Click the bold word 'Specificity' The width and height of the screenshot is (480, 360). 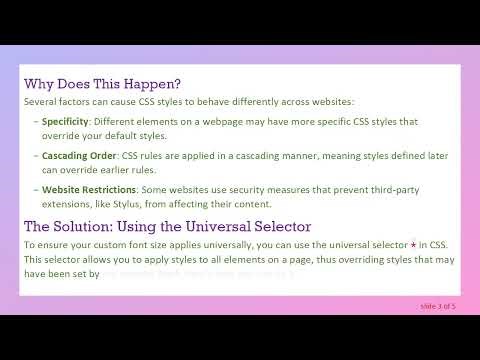coord(65,120)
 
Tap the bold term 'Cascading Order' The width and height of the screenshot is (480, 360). coord(79,156)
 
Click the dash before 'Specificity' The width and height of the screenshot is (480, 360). coord(35,120)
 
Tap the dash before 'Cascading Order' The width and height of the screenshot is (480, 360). coord(35,156)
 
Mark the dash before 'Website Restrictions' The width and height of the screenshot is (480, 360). coord(35,189)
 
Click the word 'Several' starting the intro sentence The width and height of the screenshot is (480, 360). coord(41,101)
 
